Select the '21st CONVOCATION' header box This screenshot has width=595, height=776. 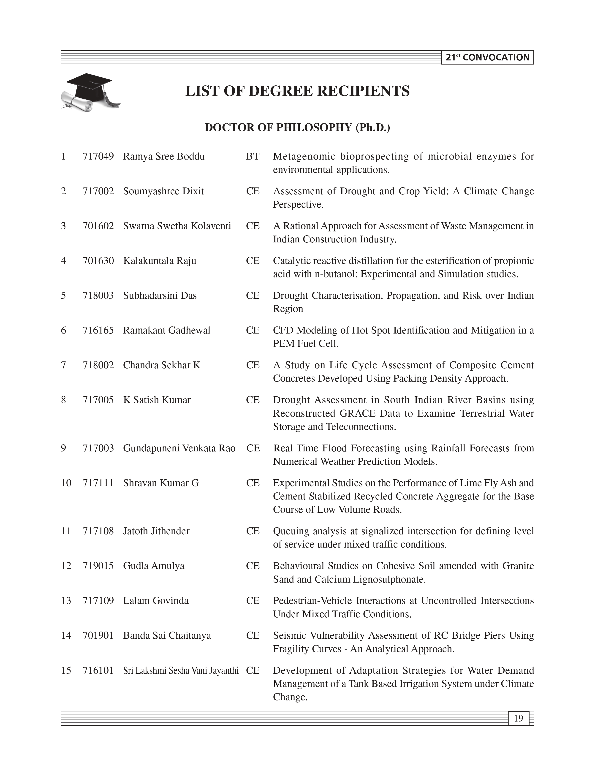(x=487, y=57)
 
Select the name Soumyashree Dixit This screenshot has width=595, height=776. (x=164, y=191)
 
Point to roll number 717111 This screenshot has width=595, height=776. (x=98, y=483)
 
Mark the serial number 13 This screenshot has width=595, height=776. (x=66, y=600)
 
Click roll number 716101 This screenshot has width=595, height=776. (x=98, y=670)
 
